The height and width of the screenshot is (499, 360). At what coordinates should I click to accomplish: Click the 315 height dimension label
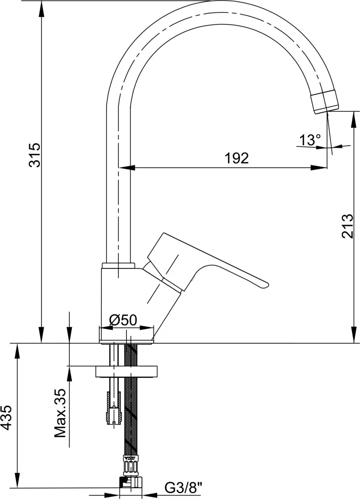pyautogui.click(x=34, y=155)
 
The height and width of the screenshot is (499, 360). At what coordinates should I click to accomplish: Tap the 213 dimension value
pyautogui.click(x=348, y=226)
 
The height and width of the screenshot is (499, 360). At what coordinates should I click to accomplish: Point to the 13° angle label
pyautogui.click(x=310, y=140)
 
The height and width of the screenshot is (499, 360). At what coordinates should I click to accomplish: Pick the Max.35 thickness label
pyautogui.click(x=60, y=413)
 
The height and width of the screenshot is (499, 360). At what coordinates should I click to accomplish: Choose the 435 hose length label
pyautogui.click(x=6, y=418)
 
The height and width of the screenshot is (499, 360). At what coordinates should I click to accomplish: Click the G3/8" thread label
pyautogui.click(x=183, y=487)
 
